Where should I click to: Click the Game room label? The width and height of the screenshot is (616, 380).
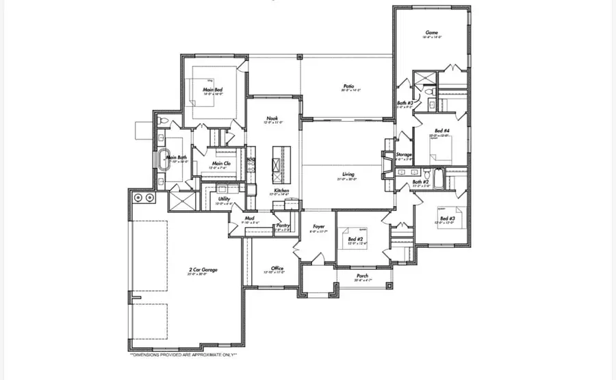point(432,32)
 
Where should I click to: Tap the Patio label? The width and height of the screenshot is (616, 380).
point(348,86)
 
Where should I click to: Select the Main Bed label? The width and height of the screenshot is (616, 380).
point(212,90)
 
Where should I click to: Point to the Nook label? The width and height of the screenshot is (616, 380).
point(272,118)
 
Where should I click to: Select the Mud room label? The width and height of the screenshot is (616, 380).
point(250,219)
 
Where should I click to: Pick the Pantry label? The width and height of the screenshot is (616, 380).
point(283,225)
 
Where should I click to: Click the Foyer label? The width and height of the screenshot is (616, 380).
point(319,227)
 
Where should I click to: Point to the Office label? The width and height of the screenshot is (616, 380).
point(277,268)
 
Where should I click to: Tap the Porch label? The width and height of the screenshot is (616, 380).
point(362,277)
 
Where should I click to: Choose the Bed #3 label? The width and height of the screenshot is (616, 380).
point(448,219)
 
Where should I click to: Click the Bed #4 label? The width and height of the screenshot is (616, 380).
point(442,131)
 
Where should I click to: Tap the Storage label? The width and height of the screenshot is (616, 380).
point(404,155)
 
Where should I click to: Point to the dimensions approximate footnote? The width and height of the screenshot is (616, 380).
point(183,355)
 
